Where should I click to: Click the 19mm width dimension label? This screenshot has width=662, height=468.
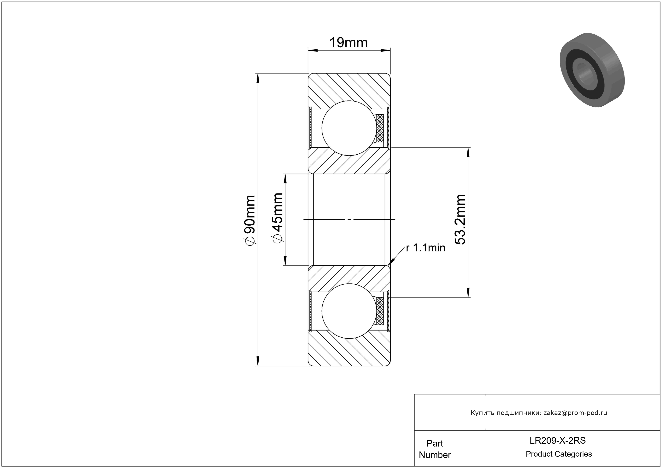point(348,43)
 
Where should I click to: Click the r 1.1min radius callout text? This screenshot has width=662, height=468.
point(425,248)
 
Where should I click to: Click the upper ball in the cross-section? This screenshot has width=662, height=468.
point(349,128)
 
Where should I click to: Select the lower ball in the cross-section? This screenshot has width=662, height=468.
point(349,311)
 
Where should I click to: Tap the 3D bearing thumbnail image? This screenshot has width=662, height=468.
point(592,70)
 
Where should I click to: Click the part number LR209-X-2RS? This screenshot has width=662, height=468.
point(558,441)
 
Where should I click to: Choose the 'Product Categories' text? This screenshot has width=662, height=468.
point(559,454)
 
